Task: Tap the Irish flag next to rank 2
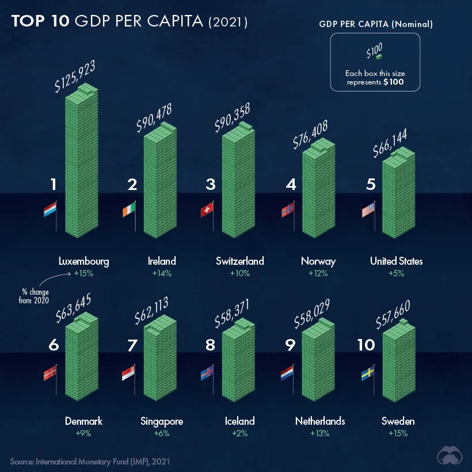(x=130, y=211)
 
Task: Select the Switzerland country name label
(x=240, y=261)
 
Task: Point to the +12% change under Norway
(x=318, y=273)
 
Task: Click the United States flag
(x=368, y=211)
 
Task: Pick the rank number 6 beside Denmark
(x=54, y=345)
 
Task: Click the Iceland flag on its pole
(x=207, y=374)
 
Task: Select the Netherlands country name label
(x=320, y=421)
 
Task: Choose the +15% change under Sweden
(x=398, y=433)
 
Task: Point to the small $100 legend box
(x=378, y=58)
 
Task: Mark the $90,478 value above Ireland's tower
(x=154, y=118)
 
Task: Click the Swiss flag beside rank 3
(x=207, y=211)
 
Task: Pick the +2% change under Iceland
(x=239, y=433)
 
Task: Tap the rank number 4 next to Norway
(x=291, y=185)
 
